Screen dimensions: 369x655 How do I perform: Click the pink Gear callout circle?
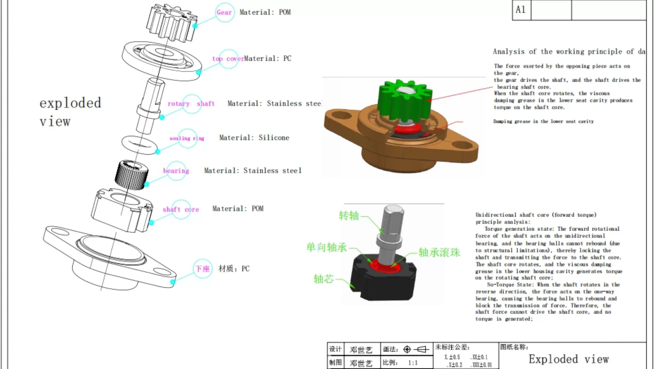coord(224,12)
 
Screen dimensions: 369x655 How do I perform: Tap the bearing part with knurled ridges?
coord(132,175)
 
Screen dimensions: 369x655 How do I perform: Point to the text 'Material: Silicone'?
coord(254,138)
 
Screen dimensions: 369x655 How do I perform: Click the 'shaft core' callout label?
coord(181,209)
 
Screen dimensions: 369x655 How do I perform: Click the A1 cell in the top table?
coord(521,10)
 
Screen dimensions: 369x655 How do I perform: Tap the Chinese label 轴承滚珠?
coord(439,252)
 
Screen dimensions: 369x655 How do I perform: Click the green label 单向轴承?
coord(326,247)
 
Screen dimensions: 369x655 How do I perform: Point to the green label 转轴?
coord(349,216)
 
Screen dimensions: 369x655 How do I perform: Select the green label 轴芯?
coord(323,279)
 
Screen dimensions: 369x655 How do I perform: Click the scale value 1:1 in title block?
coord(413,363)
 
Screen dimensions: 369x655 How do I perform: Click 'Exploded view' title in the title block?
coord(569,359)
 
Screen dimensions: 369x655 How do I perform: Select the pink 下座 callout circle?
coord(203,269)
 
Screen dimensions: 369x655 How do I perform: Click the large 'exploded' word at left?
coord(70,103)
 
